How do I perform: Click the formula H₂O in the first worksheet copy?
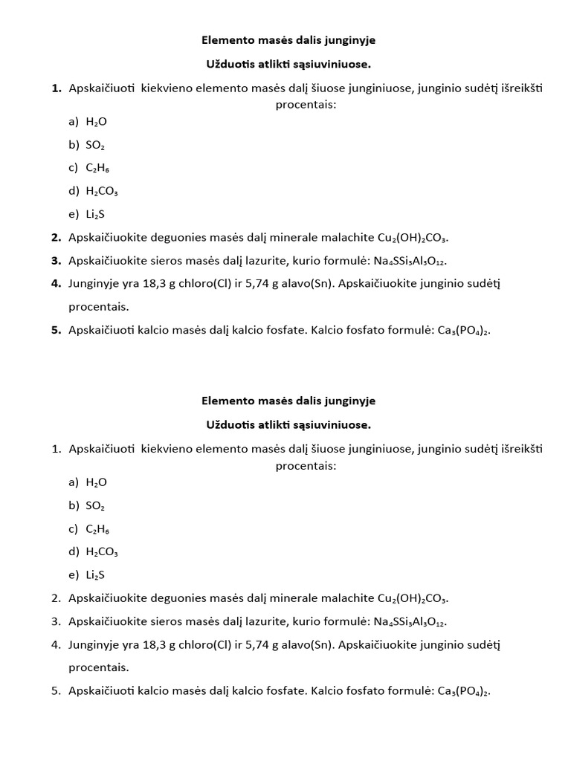click(x=97, y=121)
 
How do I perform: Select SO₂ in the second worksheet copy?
click(x=96, y=506)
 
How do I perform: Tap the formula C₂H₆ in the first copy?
click(x=98, y=168)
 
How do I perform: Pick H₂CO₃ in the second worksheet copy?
click(x=102, y=552)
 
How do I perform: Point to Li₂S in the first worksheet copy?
click(x=95, y=214)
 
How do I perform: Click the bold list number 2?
click(x=56, y=238)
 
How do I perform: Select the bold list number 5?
click(x=56, y=331)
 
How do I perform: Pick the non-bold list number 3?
click(x=56, y=621)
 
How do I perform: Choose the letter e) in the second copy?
click(x=73, y=575)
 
